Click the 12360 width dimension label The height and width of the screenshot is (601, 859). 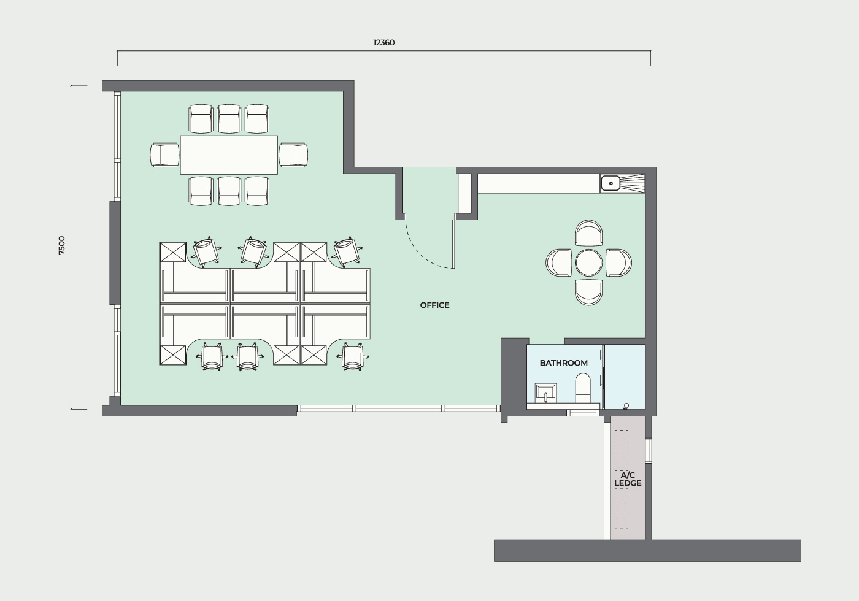tap(384, 42)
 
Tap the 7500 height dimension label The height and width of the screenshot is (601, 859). tap(62, 246)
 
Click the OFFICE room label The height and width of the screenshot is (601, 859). tap(434, 305)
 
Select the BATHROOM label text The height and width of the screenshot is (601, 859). tap(563, 363)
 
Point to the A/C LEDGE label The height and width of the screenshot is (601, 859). tap(628, 480)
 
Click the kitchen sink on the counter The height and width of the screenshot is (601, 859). tap(611, 183)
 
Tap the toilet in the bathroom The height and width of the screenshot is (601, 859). tap(583, 388)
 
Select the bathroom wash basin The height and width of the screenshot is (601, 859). tap(545, 393)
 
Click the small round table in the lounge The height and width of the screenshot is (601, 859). tap(588, 263)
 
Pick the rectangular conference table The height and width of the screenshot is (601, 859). tap(229, 155)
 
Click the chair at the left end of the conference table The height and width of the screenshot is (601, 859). tap(165, 155)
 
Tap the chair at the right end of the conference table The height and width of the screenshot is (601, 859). tap(293, 155)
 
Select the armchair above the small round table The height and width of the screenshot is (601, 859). tap(588, 233)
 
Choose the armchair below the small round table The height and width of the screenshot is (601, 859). tap(588, 292)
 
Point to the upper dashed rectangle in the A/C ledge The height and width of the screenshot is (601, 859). tap(622, 450)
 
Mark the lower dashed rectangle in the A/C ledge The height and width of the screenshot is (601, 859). tap(622, 508)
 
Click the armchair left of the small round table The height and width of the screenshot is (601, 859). tap(559, 262)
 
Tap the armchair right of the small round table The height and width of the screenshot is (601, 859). tap(618, 262)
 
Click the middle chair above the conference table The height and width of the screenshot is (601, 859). tap(229, 119)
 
